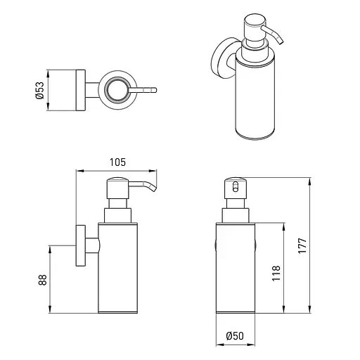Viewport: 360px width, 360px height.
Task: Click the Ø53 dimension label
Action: pos(40,90)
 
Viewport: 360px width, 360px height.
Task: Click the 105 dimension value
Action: pos(117,162)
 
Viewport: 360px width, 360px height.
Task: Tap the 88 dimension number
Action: pos(43,280)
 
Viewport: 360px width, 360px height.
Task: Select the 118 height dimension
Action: pos(276,274)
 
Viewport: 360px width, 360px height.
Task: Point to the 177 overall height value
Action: pos(302,245)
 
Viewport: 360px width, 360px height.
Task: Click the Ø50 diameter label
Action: pos(235,336)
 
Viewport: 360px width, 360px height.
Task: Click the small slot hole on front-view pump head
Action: pos(235,187)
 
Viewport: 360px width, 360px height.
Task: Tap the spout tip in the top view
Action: pos(155,90)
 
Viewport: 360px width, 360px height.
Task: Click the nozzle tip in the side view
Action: pos(154,189)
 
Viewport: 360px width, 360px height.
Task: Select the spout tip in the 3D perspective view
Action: pos(281,41)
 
